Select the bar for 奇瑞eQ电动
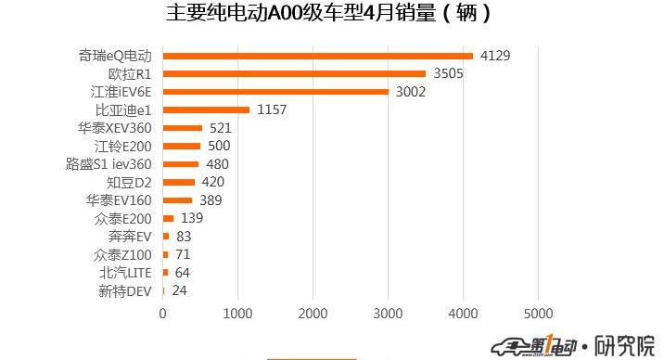(x=318, y=56)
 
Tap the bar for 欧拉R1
(x=295, y=73)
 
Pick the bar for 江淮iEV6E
(x=275, y=92)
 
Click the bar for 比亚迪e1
(x=206, y=109)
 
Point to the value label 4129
(x=495, y=56)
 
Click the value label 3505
(x=448, y=73)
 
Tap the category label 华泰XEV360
(x=115, y=128)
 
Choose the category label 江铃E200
(x=122, y=146)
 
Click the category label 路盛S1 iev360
(x=108, y=164)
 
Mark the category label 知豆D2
(x=129, y=182)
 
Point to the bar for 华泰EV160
(x=178, y=200)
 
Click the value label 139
(x=192, y=218)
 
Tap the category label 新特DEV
(x=125, y=290)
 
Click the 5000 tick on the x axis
(x=539, y=314)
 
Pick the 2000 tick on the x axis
(x=313, y=314)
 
